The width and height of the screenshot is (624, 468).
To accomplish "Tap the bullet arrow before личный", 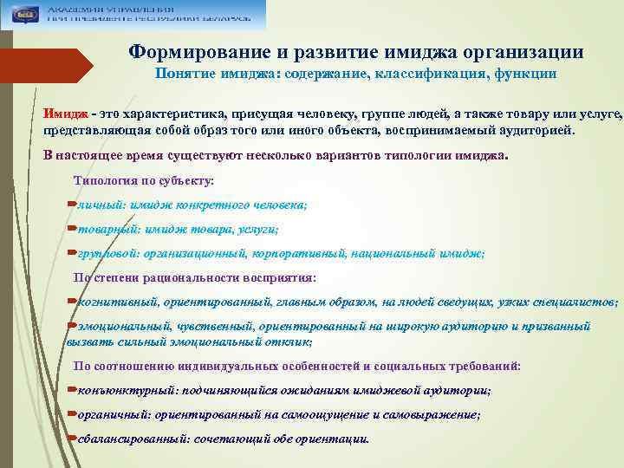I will point(71,205).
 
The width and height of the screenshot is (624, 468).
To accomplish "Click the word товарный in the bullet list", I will point(101,230).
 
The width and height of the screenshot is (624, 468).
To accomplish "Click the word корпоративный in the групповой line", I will point(296,254).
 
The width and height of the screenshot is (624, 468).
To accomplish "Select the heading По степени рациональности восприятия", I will point(195,278).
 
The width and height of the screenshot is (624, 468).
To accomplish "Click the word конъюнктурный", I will point(122,391).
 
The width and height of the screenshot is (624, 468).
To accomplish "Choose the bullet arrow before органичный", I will point(71,414).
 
